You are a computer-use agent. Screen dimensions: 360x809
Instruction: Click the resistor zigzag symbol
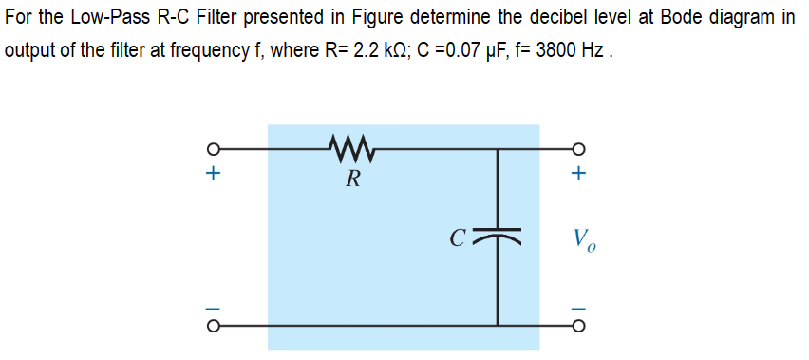coord(351,147)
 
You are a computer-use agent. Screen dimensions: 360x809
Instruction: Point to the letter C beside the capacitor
coord(459,234)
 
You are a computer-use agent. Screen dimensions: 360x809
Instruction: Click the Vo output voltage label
coord(583,238)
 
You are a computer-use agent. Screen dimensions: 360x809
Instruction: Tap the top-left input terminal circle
coord(215,149)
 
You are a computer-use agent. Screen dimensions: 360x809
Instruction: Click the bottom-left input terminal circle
coord(215,325)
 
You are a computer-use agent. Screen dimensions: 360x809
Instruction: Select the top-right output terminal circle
coord(578,149)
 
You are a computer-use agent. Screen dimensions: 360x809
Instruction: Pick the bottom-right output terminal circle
coord(578,325)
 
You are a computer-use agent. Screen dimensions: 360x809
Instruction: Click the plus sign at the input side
coord(215,175)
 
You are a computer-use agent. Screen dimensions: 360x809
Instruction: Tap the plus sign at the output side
coord(578,175)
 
